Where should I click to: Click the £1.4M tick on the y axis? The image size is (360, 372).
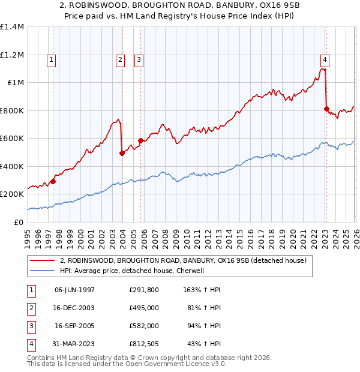pos(12,27)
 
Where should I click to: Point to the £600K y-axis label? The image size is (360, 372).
pos(12,139)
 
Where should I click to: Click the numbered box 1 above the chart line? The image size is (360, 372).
pos(52,59)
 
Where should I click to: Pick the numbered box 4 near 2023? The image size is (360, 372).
pos(324,59)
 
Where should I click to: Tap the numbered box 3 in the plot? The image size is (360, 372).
pos(139,59)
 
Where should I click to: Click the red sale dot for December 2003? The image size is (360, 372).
pos(122,153)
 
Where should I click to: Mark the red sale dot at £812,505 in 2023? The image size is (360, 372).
pos(326,109)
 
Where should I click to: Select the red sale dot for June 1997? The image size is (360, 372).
pos(53,181)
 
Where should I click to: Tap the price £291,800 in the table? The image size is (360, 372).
pos(143,289)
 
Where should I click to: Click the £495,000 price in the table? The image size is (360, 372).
pos(143,307)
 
